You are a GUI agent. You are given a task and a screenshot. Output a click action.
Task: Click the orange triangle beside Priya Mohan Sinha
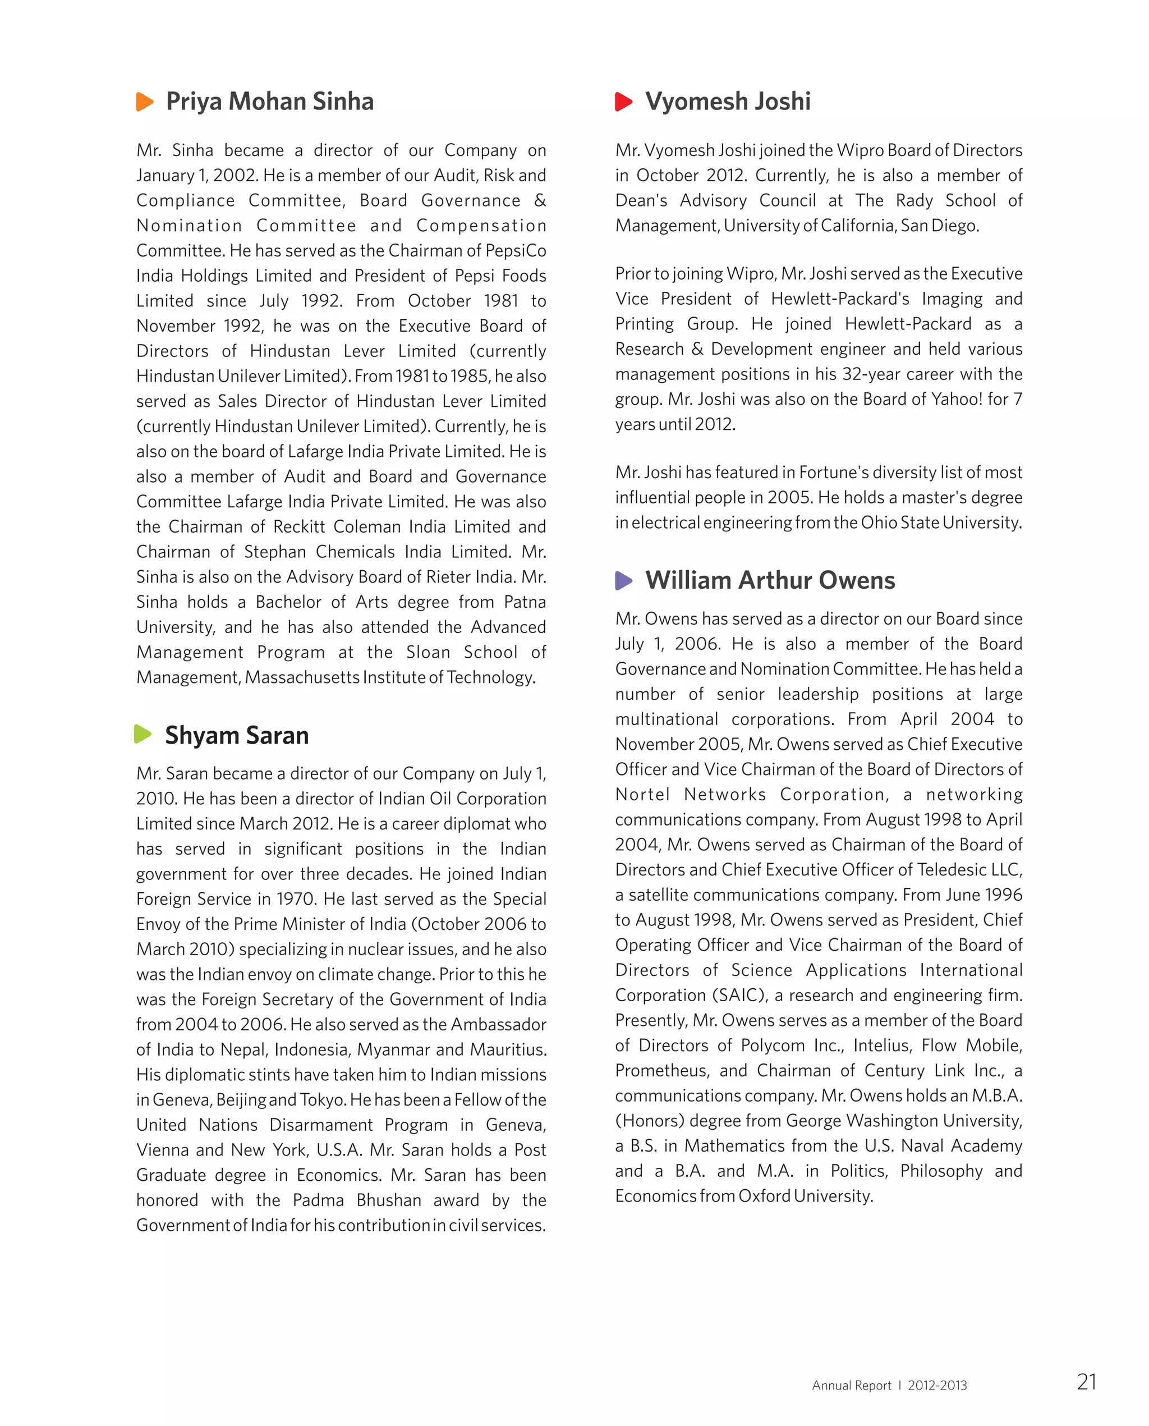coord(144,102)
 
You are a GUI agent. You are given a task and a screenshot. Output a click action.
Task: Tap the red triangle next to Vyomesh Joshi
coord(623,102)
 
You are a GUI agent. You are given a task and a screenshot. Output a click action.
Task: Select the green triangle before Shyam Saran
coord(143,734)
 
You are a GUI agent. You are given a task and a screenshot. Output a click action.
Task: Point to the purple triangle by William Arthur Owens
coord(623,581)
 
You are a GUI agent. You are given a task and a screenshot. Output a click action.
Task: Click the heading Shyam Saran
coord(236,736)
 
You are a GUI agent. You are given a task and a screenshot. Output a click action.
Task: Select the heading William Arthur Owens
coord(770,581)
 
